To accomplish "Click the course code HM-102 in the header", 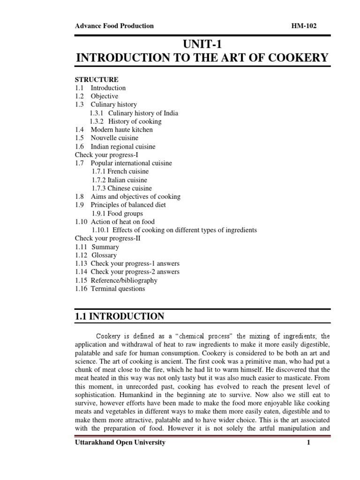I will [x=304, y=26].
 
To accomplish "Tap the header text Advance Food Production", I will [x=114, y=26].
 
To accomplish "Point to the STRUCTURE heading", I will [x=97, y=79].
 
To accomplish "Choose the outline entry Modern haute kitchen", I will [x=121, y=129].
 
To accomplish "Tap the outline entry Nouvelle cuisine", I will [x=114, y=138].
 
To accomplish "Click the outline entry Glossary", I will [x=104, y=255].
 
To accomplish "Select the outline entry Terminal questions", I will [x=118, y=289].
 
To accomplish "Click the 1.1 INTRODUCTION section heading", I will [x=120, y=317].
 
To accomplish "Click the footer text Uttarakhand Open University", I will [x=120, y=442].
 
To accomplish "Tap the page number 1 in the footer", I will [x=309, y=442].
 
